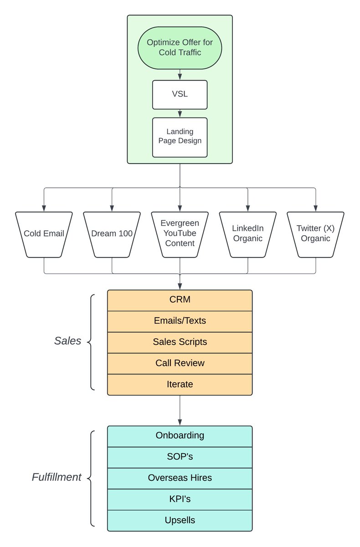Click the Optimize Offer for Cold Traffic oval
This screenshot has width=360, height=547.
[x=180, y=48]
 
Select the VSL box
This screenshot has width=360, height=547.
[x=180, y=95]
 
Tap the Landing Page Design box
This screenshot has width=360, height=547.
[x=180, y=138]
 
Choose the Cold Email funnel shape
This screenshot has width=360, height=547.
[x=44, y=234]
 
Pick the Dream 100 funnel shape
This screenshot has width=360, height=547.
[x=112, y=234]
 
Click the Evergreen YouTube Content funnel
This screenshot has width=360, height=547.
[x=180, y=234]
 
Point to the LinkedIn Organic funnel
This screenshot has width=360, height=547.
[x=248, y=234]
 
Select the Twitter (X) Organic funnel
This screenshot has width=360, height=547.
[x=316, y=234]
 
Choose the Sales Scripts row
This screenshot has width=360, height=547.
[x=180, y=342]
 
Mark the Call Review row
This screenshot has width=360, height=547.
[x=180, y=363]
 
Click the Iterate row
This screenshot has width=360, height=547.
[x=180, y=385]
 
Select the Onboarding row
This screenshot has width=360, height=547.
[x=180, y=436]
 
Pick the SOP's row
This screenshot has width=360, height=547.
[x=180, y=457]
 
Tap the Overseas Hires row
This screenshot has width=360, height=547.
[x=180, y=478]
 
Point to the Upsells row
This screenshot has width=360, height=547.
[x=180, y=521]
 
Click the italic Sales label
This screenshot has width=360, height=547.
[x=67, y=341]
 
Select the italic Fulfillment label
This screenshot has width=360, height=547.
[x=57, y=477]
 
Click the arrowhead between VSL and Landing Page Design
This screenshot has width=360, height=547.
[x=180, y=114]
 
